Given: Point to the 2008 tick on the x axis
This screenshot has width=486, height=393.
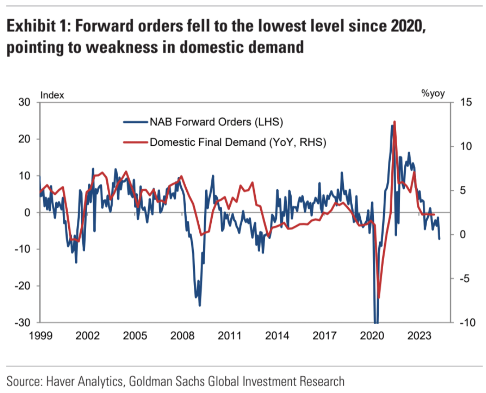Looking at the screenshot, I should click(x=183, y=335).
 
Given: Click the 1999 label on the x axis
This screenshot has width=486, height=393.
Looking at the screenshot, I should click(x=40, y=335).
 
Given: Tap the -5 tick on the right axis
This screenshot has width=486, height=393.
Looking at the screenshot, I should click(x=464, y=279).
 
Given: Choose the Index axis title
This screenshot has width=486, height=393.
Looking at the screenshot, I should click(x=53, y=95).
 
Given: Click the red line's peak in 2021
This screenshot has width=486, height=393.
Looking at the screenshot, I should click(x=394, y=121).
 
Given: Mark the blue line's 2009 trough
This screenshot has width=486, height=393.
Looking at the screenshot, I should click(x=200, y=305).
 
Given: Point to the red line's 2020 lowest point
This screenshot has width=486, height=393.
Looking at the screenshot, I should click(x=379, y=298).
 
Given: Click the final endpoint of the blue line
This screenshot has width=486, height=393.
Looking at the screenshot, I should click(x=439, y=238).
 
